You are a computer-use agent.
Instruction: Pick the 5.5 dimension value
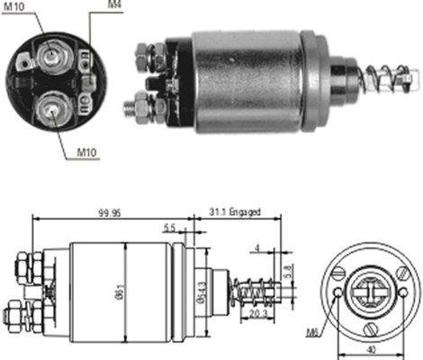[169, 229]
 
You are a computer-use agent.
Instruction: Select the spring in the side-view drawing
[255, 291]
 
